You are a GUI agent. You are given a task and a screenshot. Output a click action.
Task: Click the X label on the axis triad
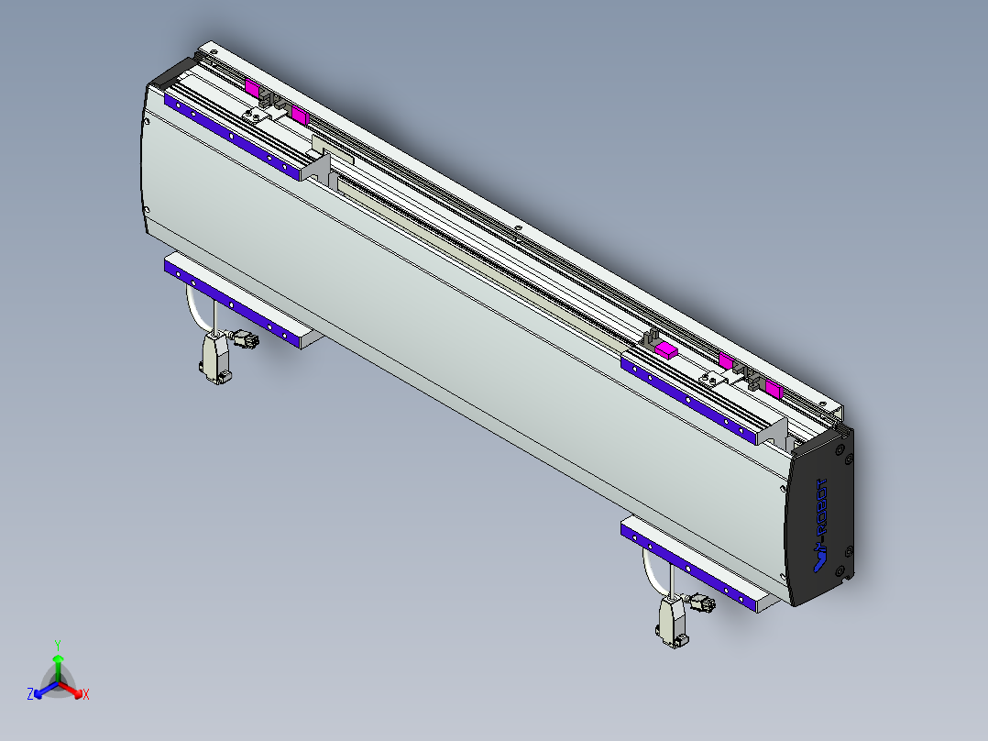point(85,695)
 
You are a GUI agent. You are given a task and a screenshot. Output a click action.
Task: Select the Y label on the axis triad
point(58,645)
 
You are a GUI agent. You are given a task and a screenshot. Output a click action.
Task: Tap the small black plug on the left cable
point(245,339)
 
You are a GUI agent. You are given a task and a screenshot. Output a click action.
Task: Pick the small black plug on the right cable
point(702,603)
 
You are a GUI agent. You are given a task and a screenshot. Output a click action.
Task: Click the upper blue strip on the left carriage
point(235,138)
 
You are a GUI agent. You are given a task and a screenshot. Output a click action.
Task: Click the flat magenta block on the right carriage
point(666,349)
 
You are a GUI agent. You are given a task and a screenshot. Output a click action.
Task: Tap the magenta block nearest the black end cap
point(774,389)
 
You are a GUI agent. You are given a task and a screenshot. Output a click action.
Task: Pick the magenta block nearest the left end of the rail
point(251,87)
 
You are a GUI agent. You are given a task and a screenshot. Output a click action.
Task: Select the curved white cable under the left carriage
point(195,310)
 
